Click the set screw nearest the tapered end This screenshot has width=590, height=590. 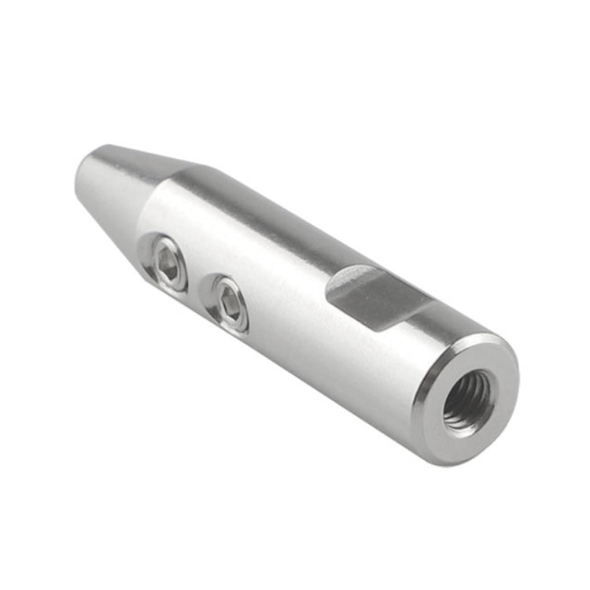click(x=168, y=263)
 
